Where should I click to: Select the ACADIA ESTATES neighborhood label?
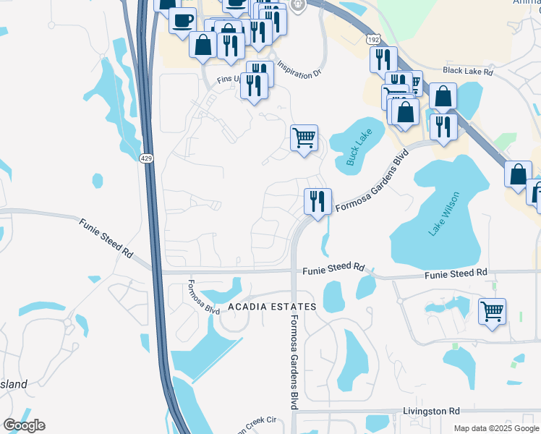pos(273,307)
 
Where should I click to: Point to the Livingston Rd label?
pos(433,411)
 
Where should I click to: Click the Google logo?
pos(24,425)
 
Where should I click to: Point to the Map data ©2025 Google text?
pos(495,428)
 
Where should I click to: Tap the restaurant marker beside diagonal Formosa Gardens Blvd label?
pos(318,200)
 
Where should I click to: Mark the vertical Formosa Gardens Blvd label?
pos(294,362)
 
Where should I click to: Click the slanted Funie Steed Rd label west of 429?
pos(106,239)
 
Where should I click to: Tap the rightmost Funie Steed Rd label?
pos(456,273)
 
